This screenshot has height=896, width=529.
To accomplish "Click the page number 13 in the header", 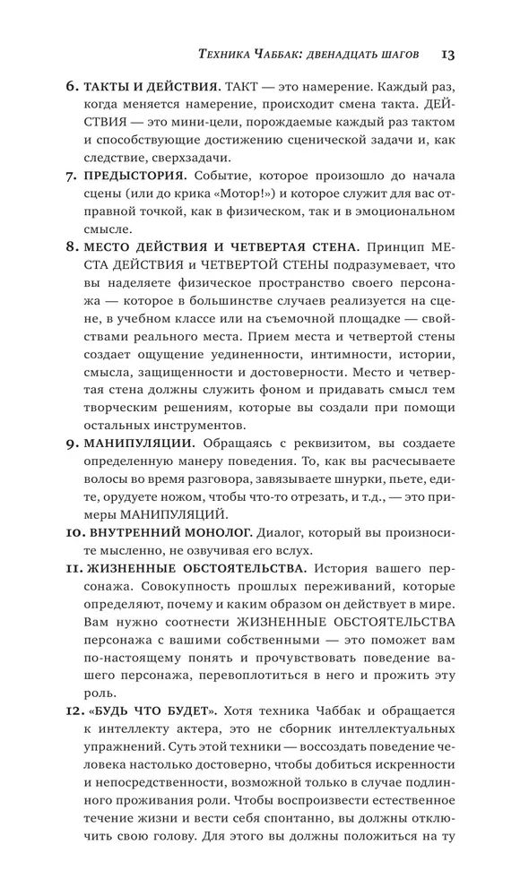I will pyautogui.click(x=449, y=56).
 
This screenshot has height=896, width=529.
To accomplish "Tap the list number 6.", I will pyautogui.click(x=72, y=89).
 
